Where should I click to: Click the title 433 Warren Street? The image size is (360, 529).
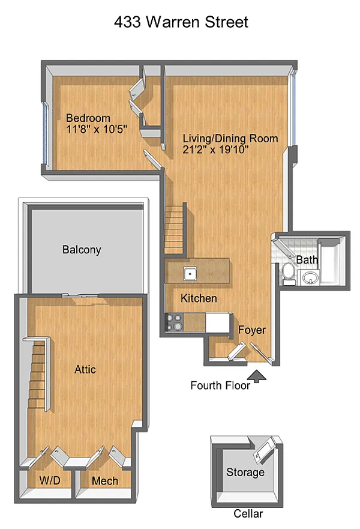pos(181,22)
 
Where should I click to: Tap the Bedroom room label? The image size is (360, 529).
pos(88,118)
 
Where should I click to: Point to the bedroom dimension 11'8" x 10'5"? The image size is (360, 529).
pos(97,129)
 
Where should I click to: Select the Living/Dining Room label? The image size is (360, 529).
pos(230,139)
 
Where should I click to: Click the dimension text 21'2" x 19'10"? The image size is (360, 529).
pos(216,150)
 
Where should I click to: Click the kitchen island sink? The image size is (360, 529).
pos(190,273)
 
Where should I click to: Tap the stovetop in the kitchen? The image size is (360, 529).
pos(174,322)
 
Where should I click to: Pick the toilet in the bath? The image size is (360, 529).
pos(289,271)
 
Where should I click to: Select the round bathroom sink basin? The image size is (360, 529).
pos(310,277)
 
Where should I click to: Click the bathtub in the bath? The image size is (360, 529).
pos(332,261)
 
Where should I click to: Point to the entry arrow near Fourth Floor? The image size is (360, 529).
pos(257,376)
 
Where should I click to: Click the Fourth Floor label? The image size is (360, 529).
pos(220,385)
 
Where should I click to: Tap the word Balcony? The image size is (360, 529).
pos(82,250)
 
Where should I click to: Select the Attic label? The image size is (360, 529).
pos(85,369)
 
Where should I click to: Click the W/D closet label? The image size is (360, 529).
pos(50,480)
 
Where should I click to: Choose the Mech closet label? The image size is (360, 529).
pos(105,481)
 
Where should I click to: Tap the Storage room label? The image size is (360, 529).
pos(245,473)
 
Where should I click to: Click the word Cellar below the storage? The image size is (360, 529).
pos(248,513)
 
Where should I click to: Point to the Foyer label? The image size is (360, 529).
pos(252,330)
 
